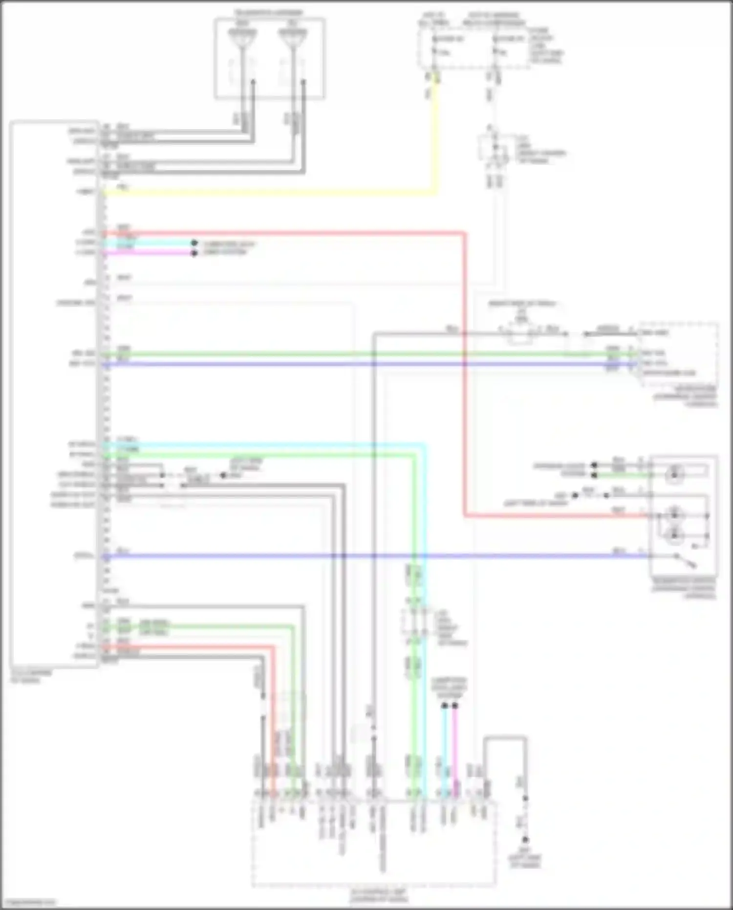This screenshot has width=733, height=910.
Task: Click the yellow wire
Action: (269, 193)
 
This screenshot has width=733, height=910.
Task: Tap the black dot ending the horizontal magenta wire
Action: (194, 253)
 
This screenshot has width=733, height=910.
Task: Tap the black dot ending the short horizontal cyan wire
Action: (194, 243)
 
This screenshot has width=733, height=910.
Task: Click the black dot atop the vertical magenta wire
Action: (455, 706)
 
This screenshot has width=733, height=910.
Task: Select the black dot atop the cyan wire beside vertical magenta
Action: (444, 706)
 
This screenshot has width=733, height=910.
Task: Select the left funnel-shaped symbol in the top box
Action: (242, 38)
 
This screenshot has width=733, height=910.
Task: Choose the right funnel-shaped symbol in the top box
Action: (292, 38)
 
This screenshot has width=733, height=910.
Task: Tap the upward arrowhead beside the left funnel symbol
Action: (253, 83)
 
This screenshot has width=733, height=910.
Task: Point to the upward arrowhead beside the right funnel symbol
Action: (303, 83)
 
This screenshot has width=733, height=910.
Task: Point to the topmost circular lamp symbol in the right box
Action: (674, 473)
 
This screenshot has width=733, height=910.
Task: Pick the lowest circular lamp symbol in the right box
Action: (674, 535)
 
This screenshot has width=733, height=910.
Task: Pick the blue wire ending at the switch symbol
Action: (371, 556)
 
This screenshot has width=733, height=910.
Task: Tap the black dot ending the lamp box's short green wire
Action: (594, 475)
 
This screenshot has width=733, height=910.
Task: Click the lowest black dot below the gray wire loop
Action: (525, 840)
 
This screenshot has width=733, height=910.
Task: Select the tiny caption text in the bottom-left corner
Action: (28, 902)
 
